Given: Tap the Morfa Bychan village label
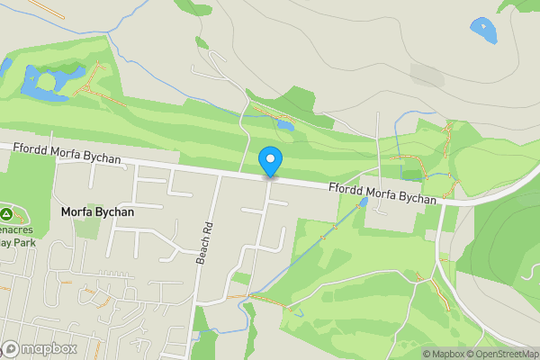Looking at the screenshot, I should tap(97, 212).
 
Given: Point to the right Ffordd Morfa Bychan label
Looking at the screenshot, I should tap(383, 193).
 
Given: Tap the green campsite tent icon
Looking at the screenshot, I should tap(6, 215).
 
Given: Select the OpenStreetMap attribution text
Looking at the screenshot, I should tap(499, 354).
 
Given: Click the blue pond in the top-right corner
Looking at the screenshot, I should tap(483, 30).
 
